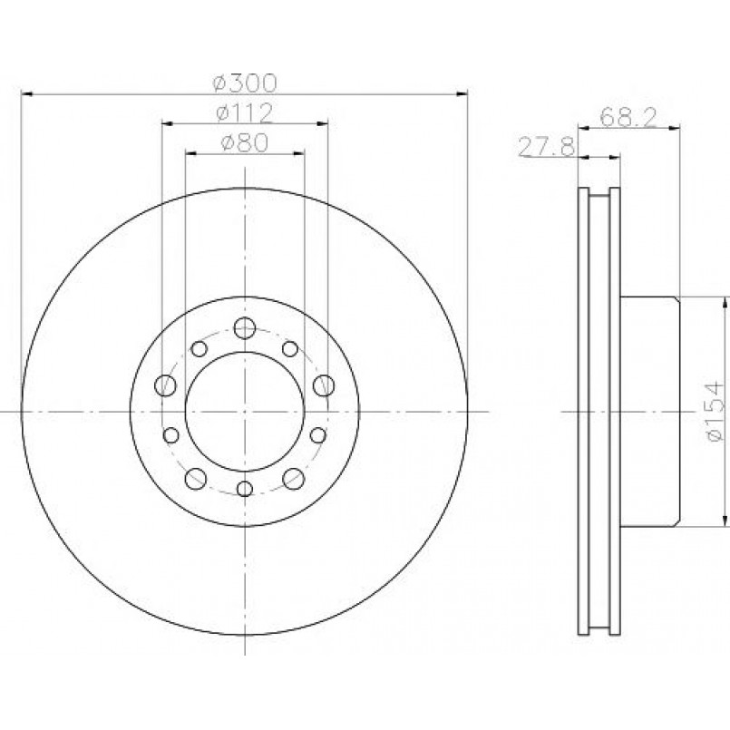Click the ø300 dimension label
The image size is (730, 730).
pyautogui.click(x=245, y=83)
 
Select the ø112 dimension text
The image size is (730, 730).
pyautogui.click(x=245, y=112)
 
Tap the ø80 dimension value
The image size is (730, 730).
pyautogui.click(x=245, y=142)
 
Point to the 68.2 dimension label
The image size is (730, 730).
pyautogui.click(x=628, y=117)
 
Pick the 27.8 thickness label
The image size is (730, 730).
pyautogui.click(x=547, y=147)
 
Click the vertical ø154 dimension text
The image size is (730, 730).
pyautogui.click(x=715, y=411)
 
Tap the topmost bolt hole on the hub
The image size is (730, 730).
pyautogui.click(x=245, y=328)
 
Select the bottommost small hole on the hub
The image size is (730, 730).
pyautogui.click(x=245, y=489)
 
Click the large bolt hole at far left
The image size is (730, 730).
pyautogui.click(x=165, y=385)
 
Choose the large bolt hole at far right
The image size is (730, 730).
pyautogui.click(x=324, y=385)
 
